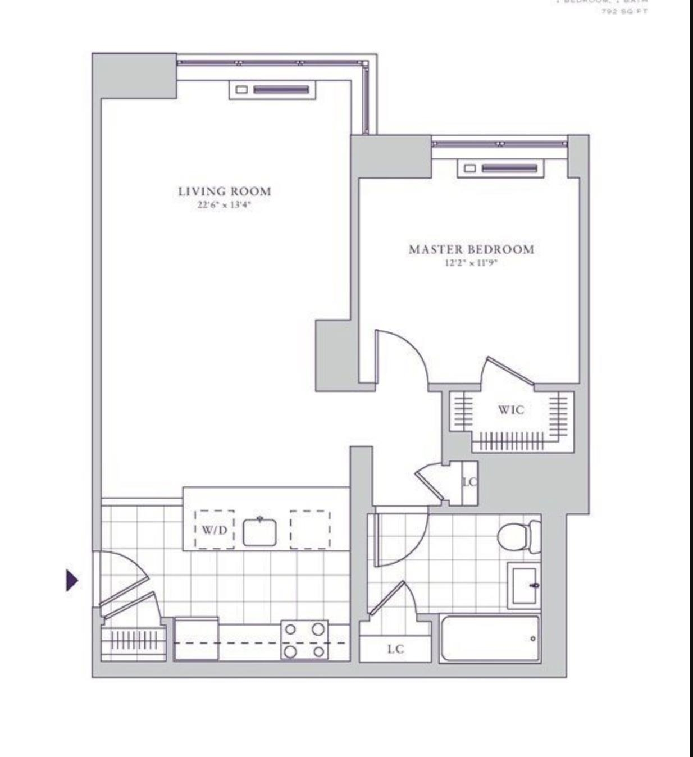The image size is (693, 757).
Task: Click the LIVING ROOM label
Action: click(x=225, y=191)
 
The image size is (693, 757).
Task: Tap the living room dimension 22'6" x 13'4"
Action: click(x=224, y=206)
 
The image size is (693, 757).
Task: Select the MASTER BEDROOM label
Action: click(x=471, y=249)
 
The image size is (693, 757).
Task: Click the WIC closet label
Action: click(x=511, y=410)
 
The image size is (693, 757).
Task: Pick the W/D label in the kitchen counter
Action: click(x=215, y=530)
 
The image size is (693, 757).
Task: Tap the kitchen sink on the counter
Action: click(x=259, y=531)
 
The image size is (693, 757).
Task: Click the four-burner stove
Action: click(x=304, y=640)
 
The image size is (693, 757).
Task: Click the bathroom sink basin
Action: click(x=525, y=586)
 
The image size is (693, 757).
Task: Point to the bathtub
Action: click(x=490, y=639)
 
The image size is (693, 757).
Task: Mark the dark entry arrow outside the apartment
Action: click(x=72, y=580)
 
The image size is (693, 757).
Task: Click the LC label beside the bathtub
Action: click(x=395, y=649)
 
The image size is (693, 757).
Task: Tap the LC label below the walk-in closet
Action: click(x=469, y=482)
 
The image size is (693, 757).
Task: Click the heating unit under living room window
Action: click(x=272, y=90)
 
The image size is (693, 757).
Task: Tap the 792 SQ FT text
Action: click(x=624, y=11)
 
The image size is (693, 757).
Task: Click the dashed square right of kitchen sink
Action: click(x=310, y=530)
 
